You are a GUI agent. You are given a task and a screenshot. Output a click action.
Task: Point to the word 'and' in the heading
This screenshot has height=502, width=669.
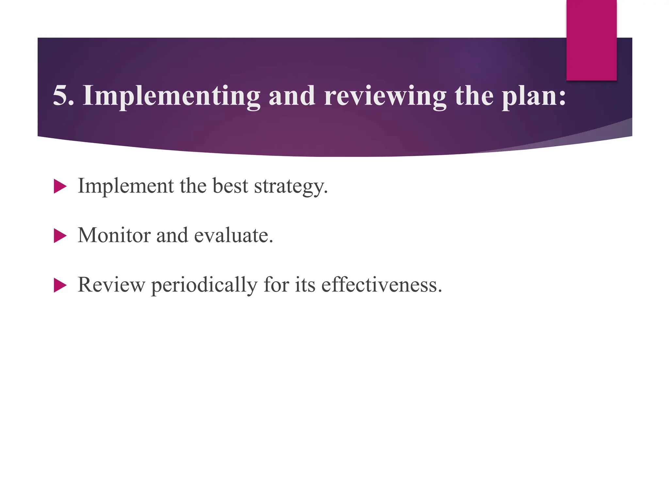point(292,95)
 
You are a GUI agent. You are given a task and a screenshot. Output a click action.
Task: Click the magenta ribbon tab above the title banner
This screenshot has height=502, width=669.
point(591,40)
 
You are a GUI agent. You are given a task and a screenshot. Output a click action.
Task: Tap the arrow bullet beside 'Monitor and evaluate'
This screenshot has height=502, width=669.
point(60,236)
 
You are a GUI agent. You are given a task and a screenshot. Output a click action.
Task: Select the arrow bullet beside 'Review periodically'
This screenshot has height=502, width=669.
point(60,285)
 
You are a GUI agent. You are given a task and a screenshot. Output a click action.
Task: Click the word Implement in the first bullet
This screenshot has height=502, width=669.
point(126,186)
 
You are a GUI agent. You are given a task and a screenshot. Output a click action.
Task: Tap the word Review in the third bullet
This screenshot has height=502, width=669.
point(111,285)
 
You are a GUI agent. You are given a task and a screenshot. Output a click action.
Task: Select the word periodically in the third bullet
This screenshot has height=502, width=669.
point(204,285)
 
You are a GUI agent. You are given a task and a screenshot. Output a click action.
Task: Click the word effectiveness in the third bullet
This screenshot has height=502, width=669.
point(381,285)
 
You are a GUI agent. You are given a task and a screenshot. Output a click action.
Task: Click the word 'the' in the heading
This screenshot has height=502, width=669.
point(474,95)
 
